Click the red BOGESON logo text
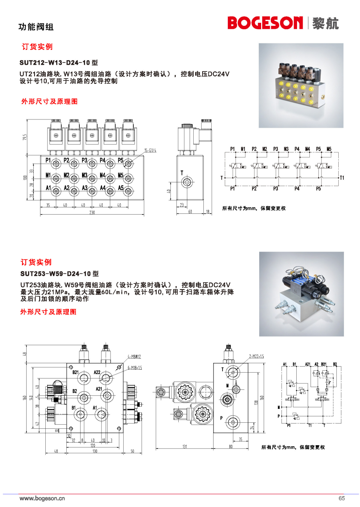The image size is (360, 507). click(265, 23)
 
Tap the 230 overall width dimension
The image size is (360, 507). click(92, 212)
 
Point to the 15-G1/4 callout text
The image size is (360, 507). click(150, 151)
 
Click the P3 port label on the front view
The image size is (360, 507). click(84, 160)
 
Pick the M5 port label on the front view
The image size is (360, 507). click(121, 175)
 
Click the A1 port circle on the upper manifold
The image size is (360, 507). click(56, 191)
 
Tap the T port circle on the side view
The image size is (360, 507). click(187, 182)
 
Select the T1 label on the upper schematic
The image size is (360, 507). click(342, 178)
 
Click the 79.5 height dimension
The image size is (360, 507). click(25, 137)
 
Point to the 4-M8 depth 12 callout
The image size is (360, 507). click(134, 356)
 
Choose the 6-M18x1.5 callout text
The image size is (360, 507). click(135, 368)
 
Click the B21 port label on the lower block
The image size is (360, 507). click(75, 372)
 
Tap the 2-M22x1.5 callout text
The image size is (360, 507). click(257, 356)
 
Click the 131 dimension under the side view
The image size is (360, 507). click(185, 446)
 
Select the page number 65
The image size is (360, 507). click(342, 498)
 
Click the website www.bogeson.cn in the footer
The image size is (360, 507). click(42, 498)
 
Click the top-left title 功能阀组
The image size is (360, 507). click(36, 27)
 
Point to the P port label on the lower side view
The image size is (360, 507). click(221, 418)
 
